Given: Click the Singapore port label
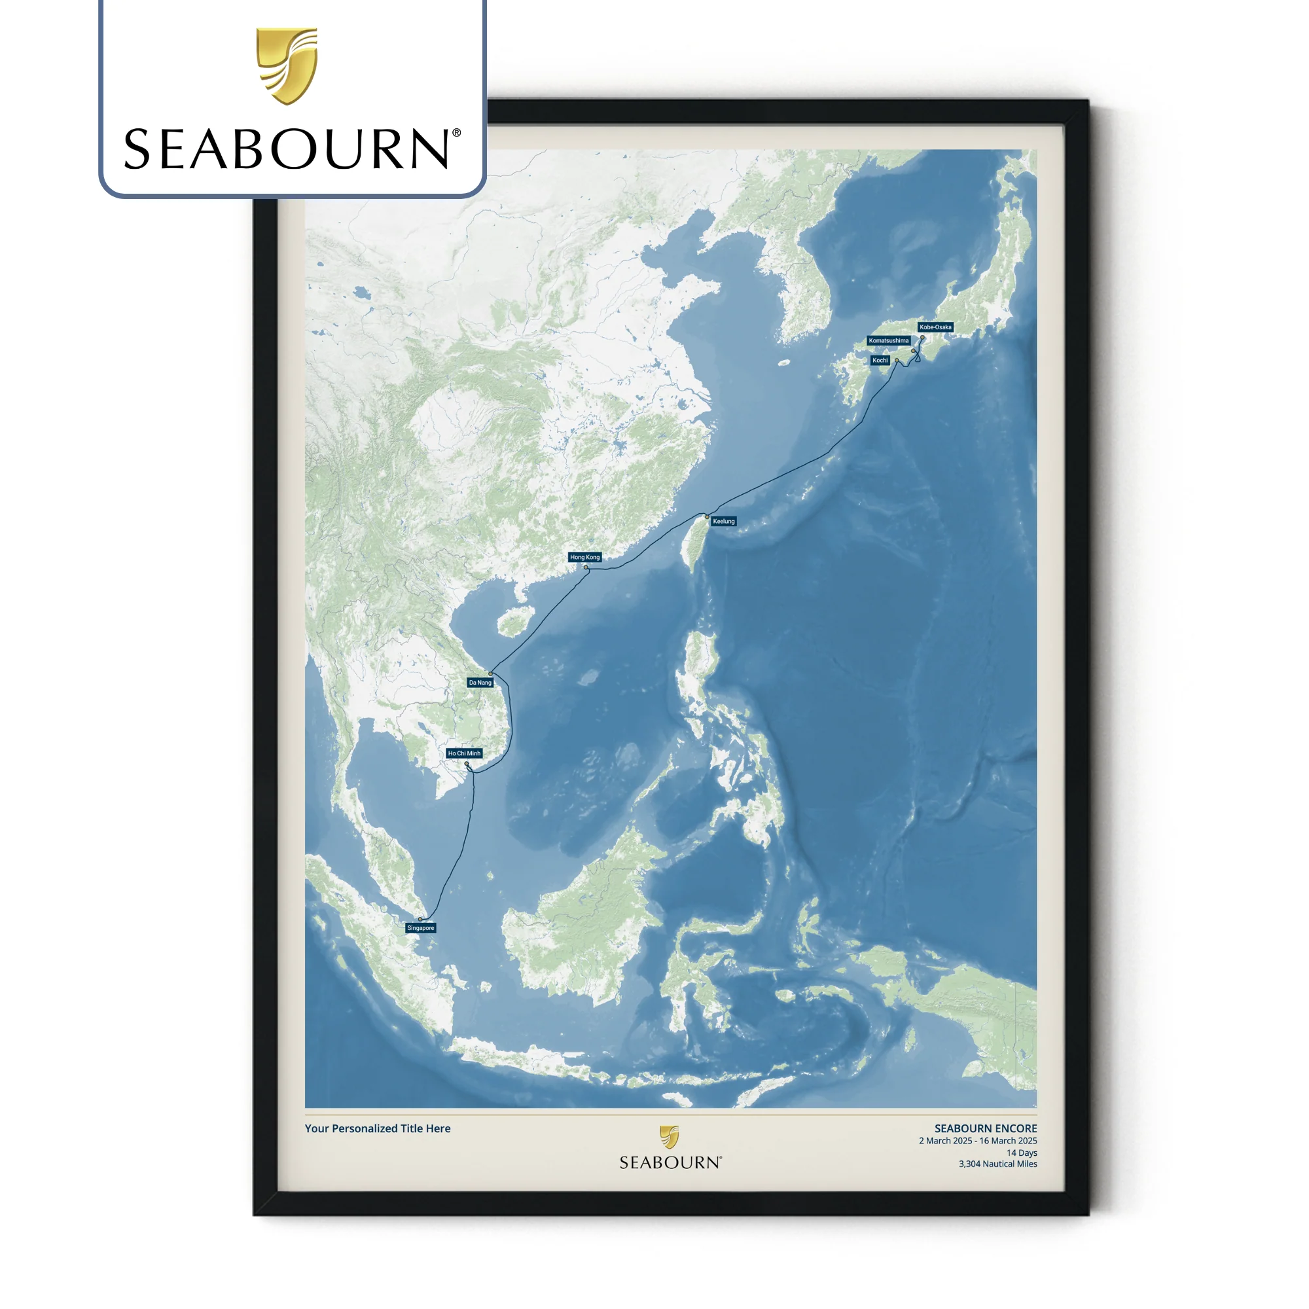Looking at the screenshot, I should (420, 927).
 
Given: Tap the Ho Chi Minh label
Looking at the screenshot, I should (464, 753).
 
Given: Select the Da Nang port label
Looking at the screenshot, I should (480, 682).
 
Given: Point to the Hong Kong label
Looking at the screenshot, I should (584, 557).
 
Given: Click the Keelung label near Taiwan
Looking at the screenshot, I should (724, 521).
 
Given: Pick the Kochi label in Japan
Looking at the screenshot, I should (880, 361).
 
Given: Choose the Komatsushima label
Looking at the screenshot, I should (888, 341).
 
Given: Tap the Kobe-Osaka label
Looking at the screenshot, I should (935, 327).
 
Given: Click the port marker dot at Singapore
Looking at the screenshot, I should (420, 920).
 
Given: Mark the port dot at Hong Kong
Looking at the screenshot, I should (586, 567).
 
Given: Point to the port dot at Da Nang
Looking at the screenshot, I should (490, 673).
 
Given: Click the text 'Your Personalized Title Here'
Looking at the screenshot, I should (378, 1128).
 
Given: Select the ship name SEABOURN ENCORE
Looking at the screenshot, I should (985, 1128).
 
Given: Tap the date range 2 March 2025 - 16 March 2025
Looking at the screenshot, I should (978, 1141).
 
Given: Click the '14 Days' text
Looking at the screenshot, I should (1021, 1153).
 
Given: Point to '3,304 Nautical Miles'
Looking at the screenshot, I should (997, 1164).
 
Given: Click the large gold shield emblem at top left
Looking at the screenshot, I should (287, 65).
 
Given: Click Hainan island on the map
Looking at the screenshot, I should (512, 622).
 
